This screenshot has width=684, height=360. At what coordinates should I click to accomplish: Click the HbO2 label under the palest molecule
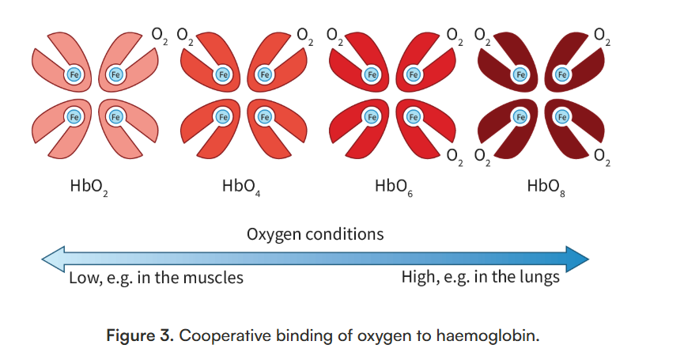click(x=89, y=188)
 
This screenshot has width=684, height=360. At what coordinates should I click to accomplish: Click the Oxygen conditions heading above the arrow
click(x=315, y=234)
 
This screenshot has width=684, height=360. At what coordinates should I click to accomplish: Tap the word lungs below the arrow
click(x=540, y=278)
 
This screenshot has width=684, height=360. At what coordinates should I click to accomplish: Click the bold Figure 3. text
click(x=139, y=335)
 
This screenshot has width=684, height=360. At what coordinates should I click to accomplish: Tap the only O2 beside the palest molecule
click(x=159, y=36)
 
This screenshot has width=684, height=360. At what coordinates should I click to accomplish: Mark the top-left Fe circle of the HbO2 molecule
click(x=74, y=74)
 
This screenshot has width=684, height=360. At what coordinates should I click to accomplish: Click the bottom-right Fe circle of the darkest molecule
click(x=562, y=116)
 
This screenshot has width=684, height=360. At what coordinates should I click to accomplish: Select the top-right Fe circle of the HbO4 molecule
click(x=264, y=74)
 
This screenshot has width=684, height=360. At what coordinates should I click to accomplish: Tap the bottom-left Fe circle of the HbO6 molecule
click(x=371, y=116)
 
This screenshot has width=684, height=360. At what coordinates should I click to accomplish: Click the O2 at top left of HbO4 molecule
click(x=184, y=36)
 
